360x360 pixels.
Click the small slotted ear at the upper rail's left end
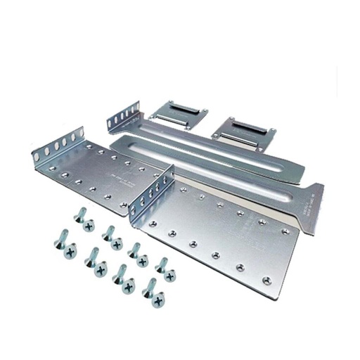point(119,118)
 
